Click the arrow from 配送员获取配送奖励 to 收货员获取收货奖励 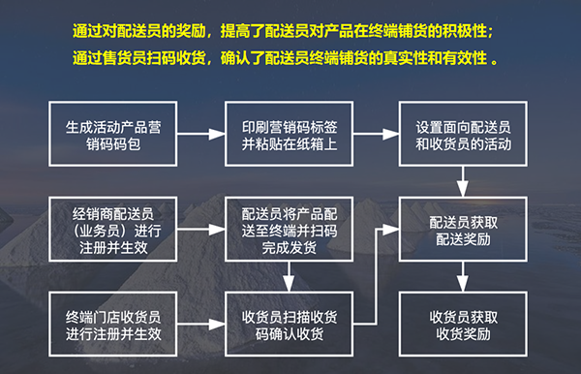point(463,279)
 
